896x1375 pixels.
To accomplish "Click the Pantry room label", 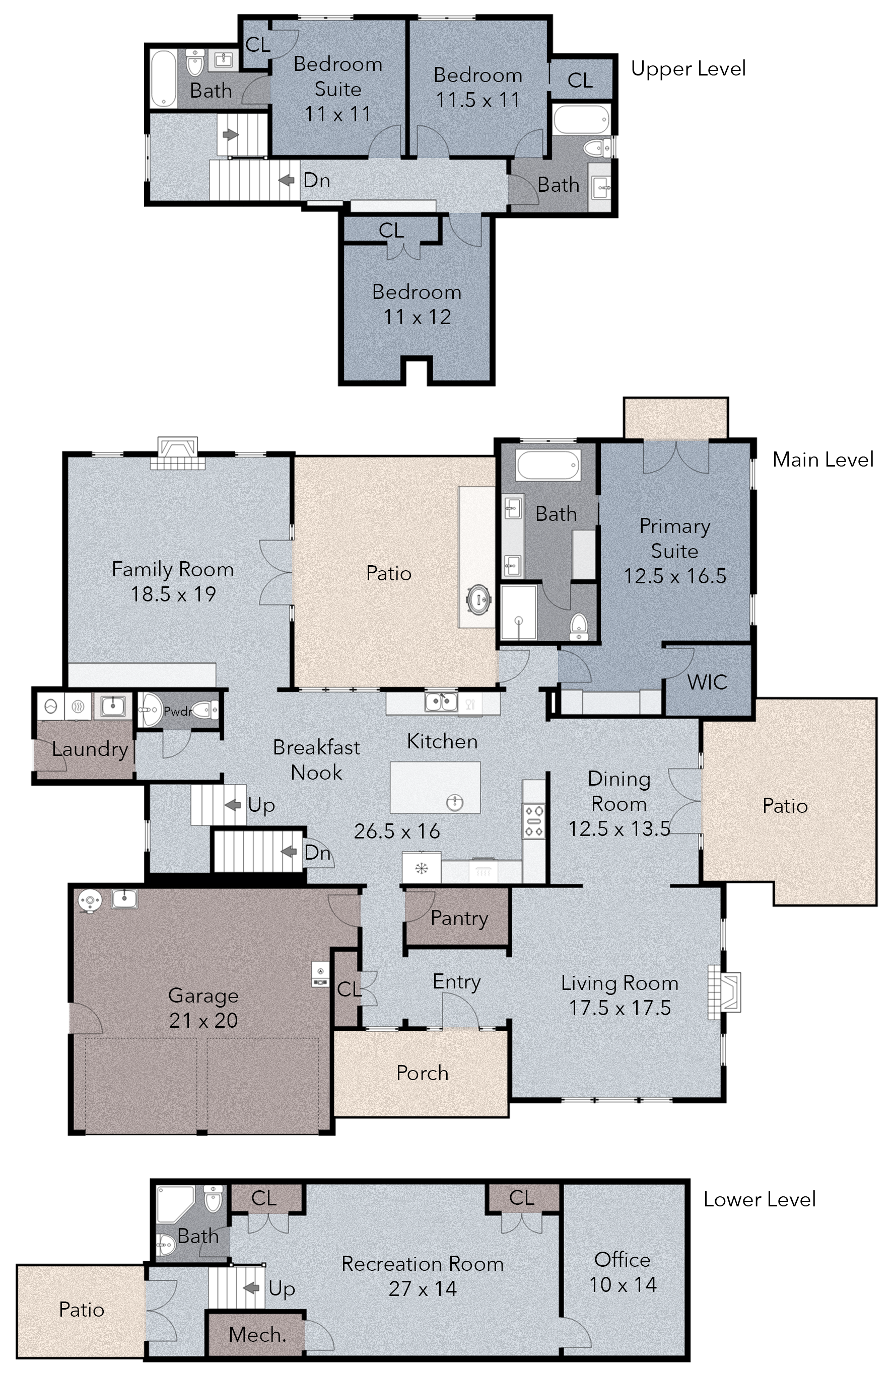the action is click(459, 918).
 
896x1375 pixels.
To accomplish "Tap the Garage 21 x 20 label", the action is click(203, 1008).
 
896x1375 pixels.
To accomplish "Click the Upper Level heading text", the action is click(688, 69).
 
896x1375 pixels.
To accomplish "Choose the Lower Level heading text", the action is click(760, 1199).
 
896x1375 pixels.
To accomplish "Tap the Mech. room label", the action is click(257, 1335).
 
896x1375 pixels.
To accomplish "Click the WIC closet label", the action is click(707, 682).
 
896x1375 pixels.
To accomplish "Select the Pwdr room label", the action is click(177, 711).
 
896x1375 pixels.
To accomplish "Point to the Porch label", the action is click(423, 1073).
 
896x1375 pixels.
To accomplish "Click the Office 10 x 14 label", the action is click(623, 1272).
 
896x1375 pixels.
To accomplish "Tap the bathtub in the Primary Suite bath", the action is click(548, 465).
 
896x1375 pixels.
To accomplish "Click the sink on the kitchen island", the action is click(455, 801).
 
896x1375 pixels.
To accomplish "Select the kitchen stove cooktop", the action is click(533, 821).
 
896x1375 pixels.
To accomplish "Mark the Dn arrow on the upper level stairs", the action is click(286, 180).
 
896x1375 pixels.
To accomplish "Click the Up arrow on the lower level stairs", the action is click(251, 1288).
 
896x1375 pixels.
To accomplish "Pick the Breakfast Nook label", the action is click(316, 759).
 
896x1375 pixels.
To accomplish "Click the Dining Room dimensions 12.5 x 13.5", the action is click(619, 829).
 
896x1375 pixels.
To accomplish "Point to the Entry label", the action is click(457, 981).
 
